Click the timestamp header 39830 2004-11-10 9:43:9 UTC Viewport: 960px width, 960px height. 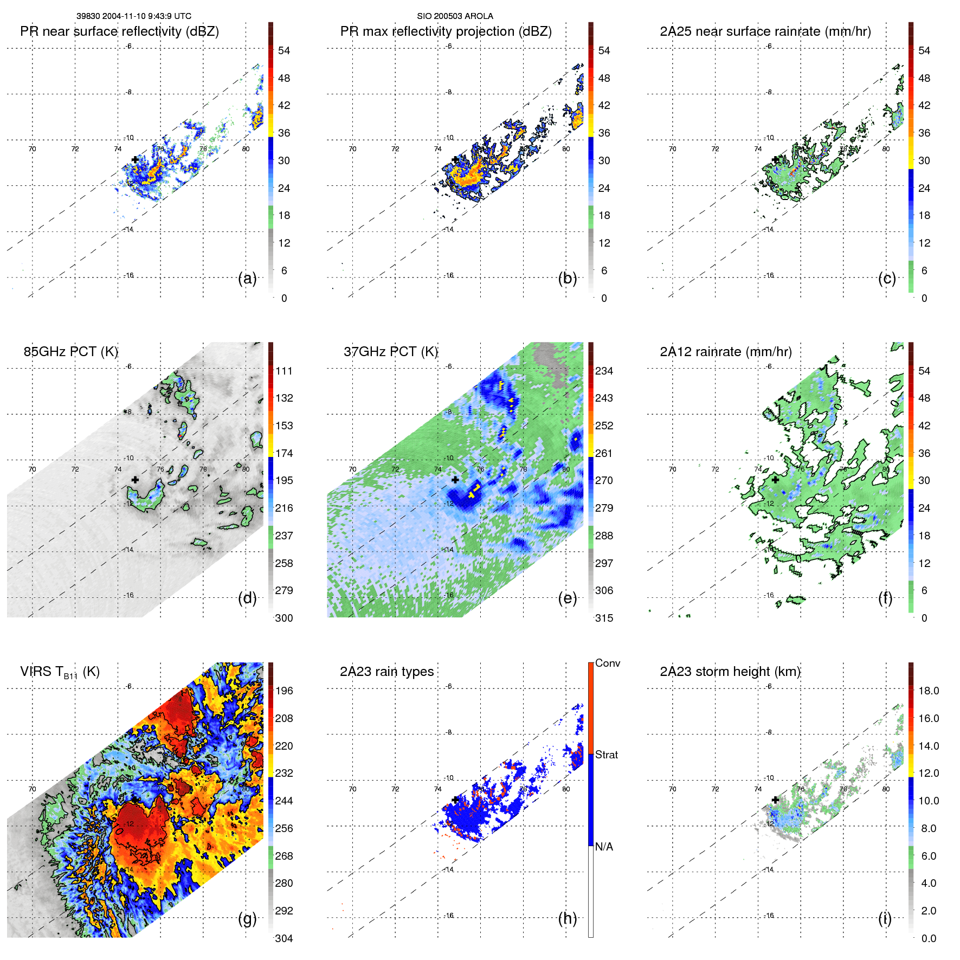(x=133, y=16)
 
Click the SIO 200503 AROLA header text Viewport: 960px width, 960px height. (x=455, y=16)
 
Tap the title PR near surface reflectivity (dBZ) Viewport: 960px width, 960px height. (x=119, y=31)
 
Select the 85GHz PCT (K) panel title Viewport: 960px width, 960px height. (x=70, y=352)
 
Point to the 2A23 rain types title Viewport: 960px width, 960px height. (x=386, y=672)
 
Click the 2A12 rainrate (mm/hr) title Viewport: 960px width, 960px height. (x=725, y=352)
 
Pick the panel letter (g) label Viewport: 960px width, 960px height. (x=247, y=918)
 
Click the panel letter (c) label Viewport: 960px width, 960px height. (x=887, y=278)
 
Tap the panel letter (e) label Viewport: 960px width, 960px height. (x=567, y=598)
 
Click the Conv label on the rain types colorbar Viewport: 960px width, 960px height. (x=607, y=663)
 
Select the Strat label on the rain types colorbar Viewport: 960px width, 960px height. (x=606, y=755)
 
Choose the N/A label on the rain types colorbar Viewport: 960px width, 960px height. (x=604, y=847)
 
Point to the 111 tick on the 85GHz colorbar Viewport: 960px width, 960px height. (x=284, y=371)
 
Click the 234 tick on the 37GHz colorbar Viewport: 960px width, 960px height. (x=604, y=371)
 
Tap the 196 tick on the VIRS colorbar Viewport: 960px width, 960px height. (x=284, y=691)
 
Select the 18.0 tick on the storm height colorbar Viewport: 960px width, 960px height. (x=928, y=691)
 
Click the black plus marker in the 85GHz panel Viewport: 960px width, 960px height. (x=135, y=480)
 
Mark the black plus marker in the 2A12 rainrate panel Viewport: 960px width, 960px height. (x=775, y=480)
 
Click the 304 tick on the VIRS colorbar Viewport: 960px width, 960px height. (x=284, y=938)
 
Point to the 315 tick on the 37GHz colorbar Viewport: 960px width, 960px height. (x=604, y=618)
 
